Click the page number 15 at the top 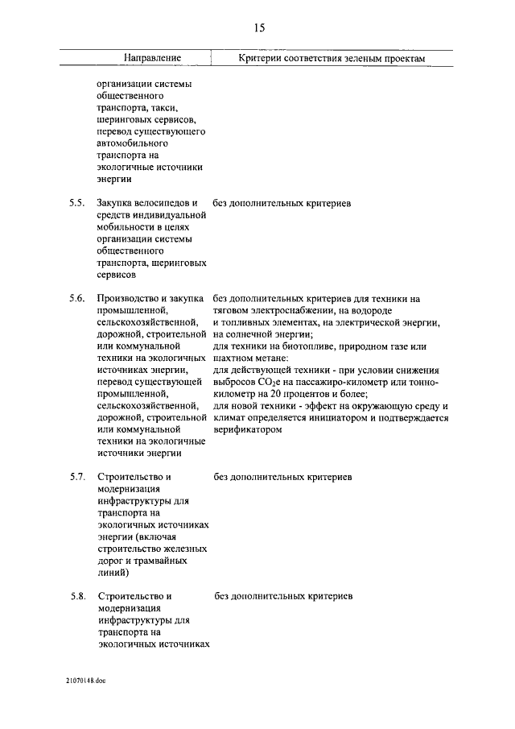click(x=259, y=28)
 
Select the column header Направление click(x=152, y=59)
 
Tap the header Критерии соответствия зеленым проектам click(x=331, y=59)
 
